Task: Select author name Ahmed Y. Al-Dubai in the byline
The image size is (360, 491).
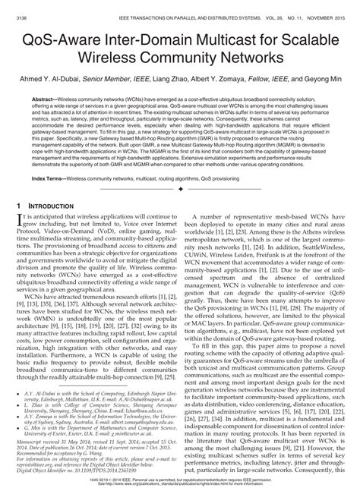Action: [x=52, y=78]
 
